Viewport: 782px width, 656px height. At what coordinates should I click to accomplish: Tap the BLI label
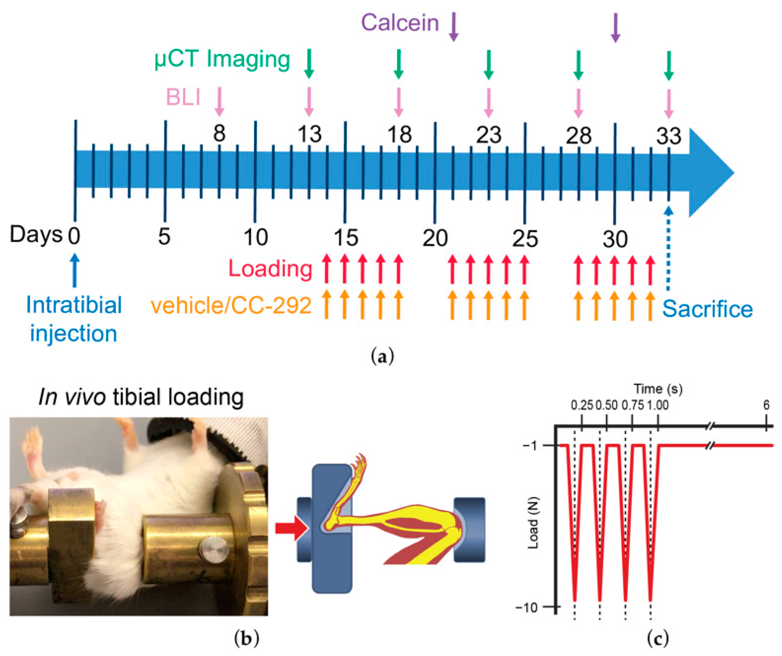(183, 98)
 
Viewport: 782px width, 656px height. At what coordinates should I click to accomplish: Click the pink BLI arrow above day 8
(219, 101)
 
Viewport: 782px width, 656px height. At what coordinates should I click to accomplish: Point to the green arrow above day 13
(309, 63)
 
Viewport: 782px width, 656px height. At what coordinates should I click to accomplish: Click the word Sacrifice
(707, 309)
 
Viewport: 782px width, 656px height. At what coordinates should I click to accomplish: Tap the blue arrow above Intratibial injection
(75, 270)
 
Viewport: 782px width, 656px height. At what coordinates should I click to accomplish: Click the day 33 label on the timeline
(669, 136)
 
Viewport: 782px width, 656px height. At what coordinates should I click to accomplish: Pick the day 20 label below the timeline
(435, 238)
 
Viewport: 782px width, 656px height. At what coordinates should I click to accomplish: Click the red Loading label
(270, 268)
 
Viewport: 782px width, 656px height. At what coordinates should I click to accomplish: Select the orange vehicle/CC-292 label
(231, 306)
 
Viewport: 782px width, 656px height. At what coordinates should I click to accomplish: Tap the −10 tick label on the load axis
(527, 608)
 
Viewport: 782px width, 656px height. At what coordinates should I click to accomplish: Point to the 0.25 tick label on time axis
(582, 405)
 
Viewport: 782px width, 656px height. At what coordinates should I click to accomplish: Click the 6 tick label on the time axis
(766, 405)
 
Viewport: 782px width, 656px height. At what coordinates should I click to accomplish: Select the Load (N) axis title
(534, 523)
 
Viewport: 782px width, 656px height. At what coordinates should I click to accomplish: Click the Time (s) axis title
(658, 389)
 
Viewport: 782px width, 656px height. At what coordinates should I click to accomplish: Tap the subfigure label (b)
(246, 639)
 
